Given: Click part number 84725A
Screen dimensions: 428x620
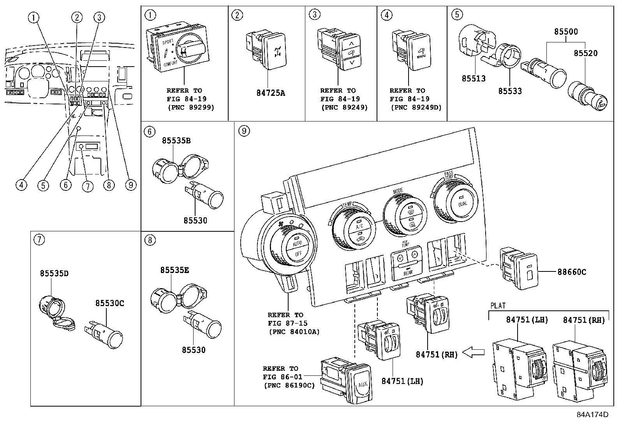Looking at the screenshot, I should [x=271, y=93].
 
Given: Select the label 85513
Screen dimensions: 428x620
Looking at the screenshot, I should [x=474, y=79].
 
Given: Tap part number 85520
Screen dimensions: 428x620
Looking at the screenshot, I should [x=585, y=53].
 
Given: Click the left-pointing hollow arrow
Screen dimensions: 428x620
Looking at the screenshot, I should [x=474, y=353].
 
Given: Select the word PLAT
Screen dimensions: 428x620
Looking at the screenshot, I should [x=497, y=306].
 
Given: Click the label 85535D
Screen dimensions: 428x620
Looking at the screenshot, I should [x=54, y=273].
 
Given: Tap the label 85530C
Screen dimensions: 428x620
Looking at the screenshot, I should [x=110, y=303].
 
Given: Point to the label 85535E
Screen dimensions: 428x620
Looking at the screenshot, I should [x=174, y=269].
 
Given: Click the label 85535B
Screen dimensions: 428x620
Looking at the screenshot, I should [x=176, y=140].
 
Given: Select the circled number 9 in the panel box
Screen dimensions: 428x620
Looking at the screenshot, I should [x=243, y=131].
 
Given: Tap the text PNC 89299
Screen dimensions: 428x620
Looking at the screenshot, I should [x=191, y=107].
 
